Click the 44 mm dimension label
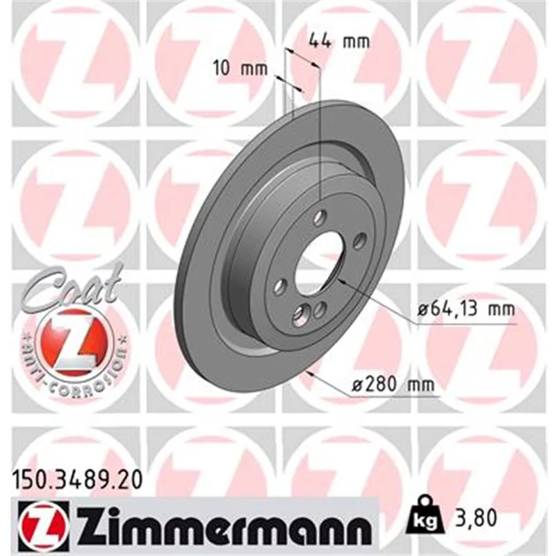(339, 41)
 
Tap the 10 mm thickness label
(240, 68)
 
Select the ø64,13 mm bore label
(466, 309)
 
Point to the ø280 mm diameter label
(393, 384)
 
